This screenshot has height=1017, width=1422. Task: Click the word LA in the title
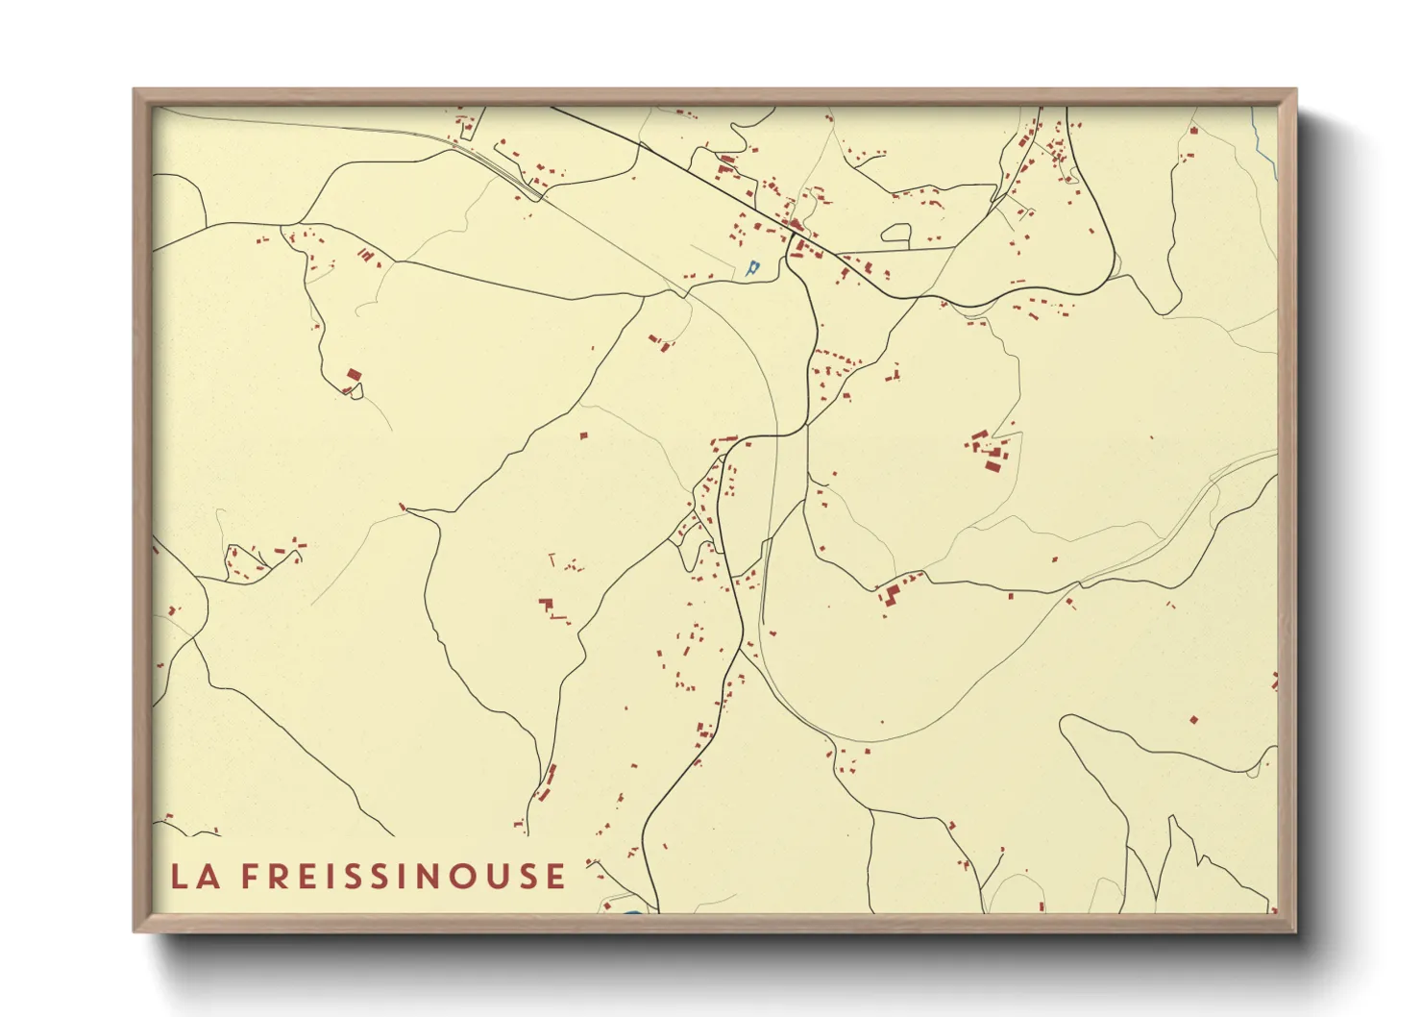tap(191, 876)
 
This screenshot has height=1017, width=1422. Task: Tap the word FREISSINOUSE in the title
tap(404, 876)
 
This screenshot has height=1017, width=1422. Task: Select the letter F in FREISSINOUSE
tap(248, 876)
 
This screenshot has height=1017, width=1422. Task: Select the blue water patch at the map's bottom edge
tap(629, 910)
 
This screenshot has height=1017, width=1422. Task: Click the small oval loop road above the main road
tap(895, 232)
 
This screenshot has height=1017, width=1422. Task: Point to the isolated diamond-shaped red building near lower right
tap(1193, 719)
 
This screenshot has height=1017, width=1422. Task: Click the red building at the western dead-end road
tap(353, 375)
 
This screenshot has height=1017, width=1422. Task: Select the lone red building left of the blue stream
tap(1193, 130)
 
